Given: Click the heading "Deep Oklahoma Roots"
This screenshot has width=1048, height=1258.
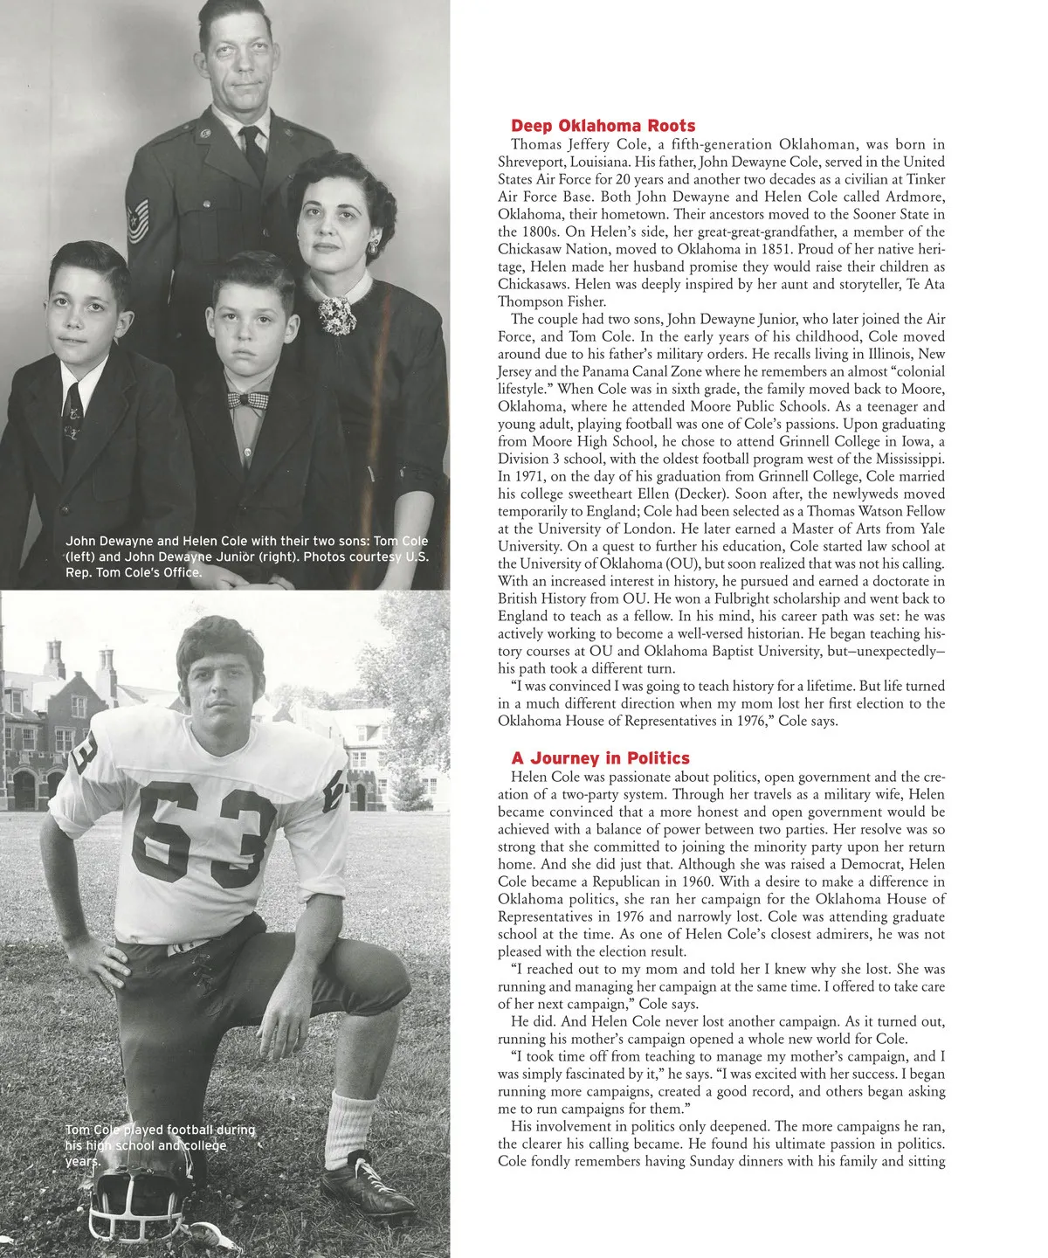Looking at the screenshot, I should pos(603,126).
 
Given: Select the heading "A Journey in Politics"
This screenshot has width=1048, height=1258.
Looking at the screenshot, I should pos(600,758).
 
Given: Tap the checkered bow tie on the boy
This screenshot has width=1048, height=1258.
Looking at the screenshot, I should pos(247,400).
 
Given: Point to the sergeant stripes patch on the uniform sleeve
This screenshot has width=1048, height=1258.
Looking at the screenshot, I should pos(138,219).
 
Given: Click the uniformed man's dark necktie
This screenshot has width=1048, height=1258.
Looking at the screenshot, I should pos(254,153).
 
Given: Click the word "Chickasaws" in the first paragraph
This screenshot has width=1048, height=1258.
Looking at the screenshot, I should pos(533,284).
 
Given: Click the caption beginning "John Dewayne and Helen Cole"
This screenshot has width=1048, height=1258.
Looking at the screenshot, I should pos(246,556).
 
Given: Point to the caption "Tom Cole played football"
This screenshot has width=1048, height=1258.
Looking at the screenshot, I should pos(160,1145).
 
